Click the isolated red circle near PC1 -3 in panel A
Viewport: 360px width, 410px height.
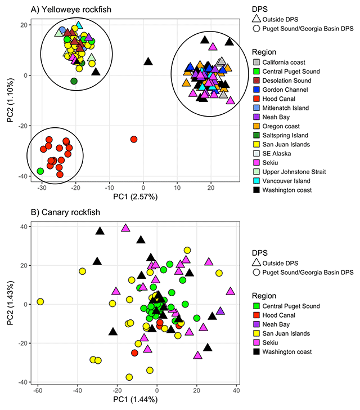pos(134,139)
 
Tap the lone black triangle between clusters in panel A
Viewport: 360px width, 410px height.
pos(148,61)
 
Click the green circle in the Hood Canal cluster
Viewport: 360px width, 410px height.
pos(40,171)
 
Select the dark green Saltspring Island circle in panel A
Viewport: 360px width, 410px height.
pos(74,81)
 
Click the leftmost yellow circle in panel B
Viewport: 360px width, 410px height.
pos(40,302)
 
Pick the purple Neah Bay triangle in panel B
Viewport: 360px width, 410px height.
pos(220,311)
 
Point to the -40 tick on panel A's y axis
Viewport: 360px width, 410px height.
pos(22,176)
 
